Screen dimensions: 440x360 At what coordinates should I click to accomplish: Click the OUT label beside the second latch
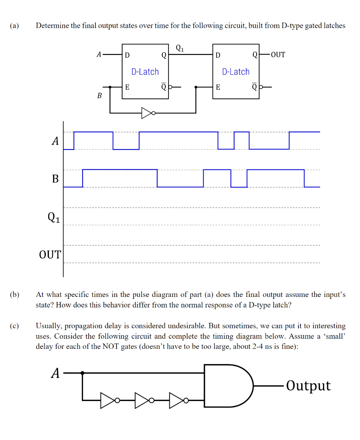tap(277, 55)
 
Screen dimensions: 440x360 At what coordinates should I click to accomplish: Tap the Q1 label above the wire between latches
tap(180, 48)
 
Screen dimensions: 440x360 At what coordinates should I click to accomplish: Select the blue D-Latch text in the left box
tap(145, 72)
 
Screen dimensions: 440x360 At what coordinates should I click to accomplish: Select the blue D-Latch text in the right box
tap(236, 72)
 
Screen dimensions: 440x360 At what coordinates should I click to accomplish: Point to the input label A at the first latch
tap(99, 55)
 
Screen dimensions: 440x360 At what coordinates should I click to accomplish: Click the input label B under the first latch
tap(100, 95)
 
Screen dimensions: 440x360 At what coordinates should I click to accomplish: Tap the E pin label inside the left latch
tap(127, 87)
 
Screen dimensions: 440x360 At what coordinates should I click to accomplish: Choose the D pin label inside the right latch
tap(218, 55)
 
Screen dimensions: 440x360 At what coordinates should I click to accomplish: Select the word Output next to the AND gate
tap(308, 386)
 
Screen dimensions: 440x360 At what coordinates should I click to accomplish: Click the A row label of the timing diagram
tap(55, 142)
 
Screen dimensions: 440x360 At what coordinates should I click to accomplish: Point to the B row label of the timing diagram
tap(55, 179)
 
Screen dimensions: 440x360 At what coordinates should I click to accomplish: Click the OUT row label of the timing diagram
tap(50, 254)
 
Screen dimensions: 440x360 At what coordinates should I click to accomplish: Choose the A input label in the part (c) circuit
tap(56, 373)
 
